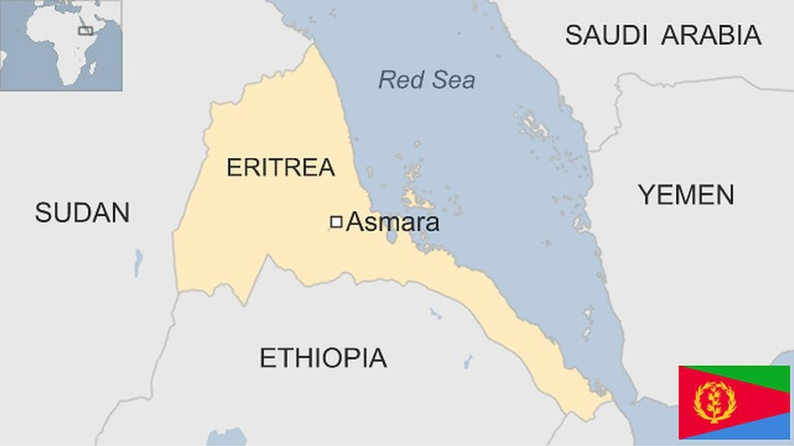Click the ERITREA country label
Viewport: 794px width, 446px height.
tap(280, 167)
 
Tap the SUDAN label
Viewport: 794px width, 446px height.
tap(82, 213)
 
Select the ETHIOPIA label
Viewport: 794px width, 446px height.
tap(323, 357)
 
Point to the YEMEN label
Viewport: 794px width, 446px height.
tap(686, 195)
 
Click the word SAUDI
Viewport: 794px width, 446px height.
tap(607, 35)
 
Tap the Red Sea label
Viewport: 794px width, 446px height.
tap(426, 80)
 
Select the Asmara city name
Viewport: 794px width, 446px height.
tap(393, 222)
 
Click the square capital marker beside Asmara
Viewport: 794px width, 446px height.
tap(335, 222)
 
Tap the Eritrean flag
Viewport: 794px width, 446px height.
tap(734, 402)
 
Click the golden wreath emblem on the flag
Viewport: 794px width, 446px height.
tap(715, 401)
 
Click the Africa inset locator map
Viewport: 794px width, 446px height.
tap(61, 45)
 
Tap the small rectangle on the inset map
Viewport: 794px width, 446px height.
tap(85, 31)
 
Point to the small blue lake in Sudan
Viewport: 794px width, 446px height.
tap(138, 262)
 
